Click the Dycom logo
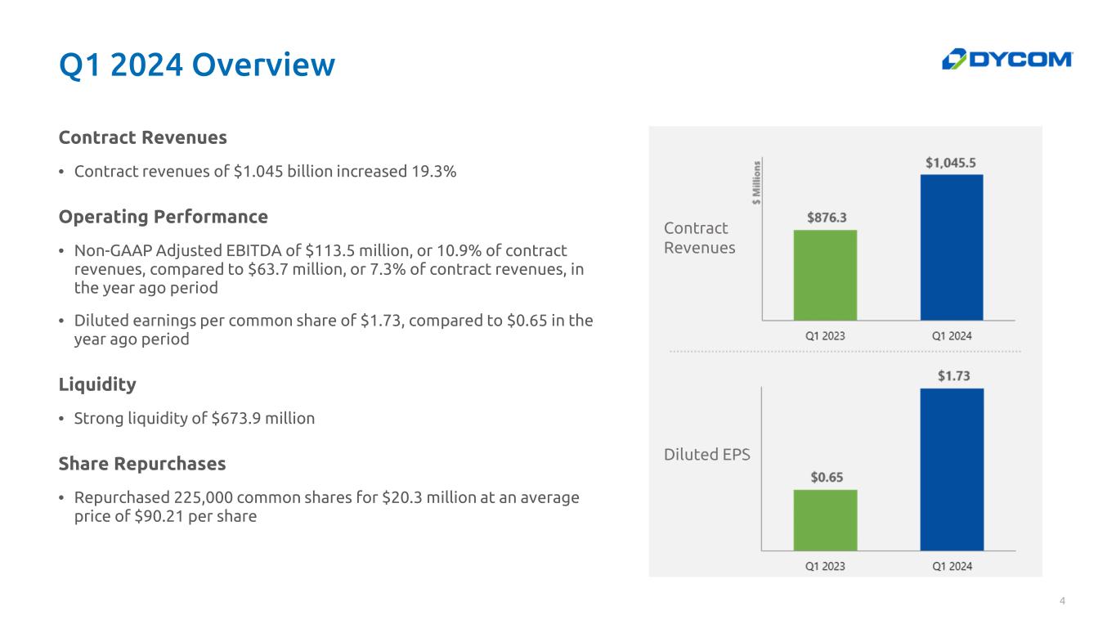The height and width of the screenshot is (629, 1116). coord(1007,60)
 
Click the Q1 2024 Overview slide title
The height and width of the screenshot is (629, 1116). coord(197,65)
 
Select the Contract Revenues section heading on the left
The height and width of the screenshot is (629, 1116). coord(142,137)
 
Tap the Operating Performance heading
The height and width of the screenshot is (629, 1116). coord(163,217)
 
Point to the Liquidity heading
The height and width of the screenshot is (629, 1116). coord(97,384)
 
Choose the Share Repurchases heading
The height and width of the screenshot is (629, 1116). coord(142,464)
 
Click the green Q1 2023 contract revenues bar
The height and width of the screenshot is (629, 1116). coord(825,275)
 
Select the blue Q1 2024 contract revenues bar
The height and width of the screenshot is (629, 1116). coord(952,247)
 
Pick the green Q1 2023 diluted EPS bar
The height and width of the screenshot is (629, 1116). coord(825,520)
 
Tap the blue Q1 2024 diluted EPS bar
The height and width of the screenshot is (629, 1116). coord(952,470)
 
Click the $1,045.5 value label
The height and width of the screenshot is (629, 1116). coord(951,163)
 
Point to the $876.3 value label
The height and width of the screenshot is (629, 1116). coord(827,218)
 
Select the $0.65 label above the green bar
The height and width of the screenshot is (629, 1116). coord(827,478)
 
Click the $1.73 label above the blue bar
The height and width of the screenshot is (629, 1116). coord(953,375)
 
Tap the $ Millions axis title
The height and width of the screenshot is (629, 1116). coord(756,182)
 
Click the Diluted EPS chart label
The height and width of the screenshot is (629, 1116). coord(706,455)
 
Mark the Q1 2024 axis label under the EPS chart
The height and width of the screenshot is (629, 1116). coord(952,566)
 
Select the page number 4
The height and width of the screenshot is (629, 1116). coord(1062,601)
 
